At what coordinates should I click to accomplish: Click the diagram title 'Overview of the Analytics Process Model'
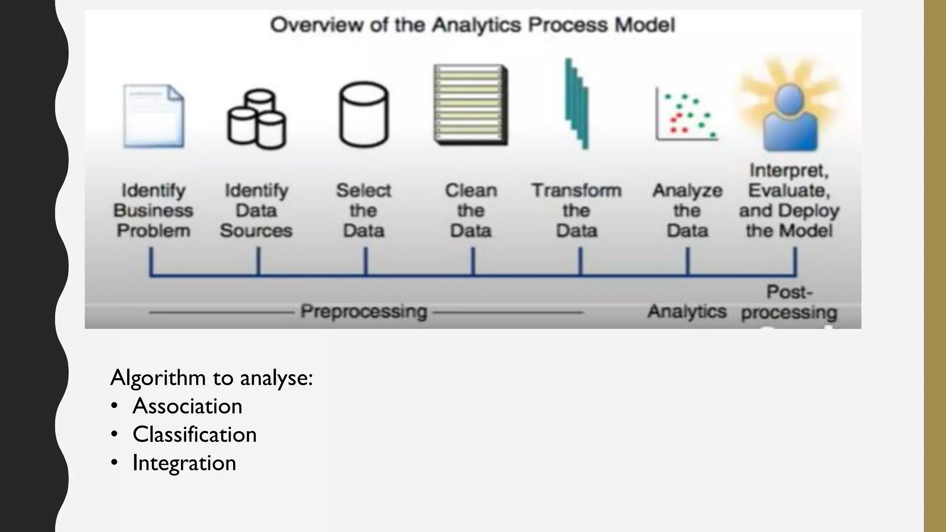472,25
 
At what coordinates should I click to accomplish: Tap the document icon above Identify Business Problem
154,116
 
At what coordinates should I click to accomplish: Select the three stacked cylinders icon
256,119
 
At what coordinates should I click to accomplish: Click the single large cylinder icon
364,115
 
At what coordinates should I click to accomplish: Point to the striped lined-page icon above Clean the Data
470,104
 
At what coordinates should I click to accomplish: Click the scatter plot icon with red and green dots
687,115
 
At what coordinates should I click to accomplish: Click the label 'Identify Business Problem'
153,210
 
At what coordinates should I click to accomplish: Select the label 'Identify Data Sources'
256,210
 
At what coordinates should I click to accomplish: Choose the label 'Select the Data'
364,210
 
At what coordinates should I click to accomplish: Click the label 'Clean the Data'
471,210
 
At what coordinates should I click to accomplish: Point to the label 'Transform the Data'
576,210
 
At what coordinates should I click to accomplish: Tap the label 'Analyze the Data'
687,210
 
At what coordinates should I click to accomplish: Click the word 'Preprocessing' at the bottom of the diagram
364,311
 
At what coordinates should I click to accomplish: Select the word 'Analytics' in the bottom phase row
687,311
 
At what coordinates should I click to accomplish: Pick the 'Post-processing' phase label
789,302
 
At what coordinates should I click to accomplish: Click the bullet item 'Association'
187,406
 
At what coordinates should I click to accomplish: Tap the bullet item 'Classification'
194,435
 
